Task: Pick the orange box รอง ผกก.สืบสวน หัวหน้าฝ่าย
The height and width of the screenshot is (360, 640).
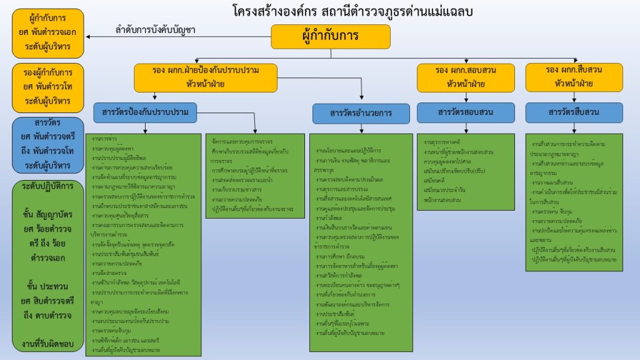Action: click(574, 77)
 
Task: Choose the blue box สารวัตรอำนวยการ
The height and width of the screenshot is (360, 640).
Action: click(361, 113)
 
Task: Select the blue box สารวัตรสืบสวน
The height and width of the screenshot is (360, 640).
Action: click(574, 112)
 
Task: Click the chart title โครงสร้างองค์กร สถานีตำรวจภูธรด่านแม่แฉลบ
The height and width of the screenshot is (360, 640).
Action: click(351, 11)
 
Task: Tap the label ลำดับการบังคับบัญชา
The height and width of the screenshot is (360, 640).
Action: click(156, 30)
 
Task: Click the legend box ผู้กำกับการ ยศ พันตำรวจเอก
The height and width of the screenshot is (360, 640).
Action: click(47, 33)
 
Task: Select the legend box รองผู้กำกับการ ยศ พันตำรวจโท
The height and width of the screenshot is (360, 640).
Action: click(47, 86)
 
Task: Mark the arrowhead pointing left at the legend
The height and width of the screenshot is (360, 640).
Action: click(89, 37)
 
